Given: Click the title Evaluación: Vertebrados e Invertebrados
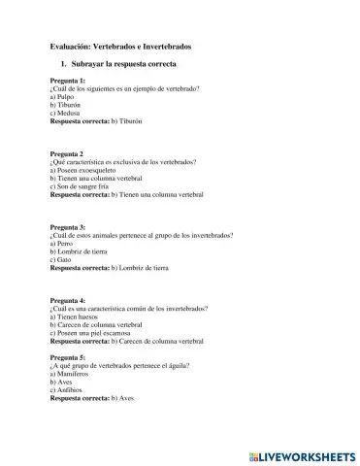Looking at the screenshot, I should tap(120, 47).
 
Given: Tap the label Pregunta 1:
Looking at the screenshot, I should tap(68, 81).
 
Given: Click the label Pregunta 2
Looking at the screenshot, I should tap(67, 153).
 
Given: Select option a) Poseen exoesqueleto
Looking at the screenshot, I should tap(89, 170).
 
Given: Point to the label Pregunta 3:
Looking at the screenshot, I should tap(68, 227).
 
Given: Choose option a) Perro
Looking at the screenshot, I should tap(62, 243).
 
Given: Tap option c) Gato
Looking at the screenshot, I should tap(61, 258).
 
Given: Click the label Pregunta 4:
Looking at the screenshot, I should tap(68, 301).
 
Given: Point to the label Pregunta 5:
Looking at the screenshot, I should tap(68, 357).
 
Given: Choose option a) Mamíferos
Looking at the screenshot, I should tap(71, 374).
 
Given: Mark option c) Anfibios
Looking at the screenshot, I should tap(67, 389).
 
